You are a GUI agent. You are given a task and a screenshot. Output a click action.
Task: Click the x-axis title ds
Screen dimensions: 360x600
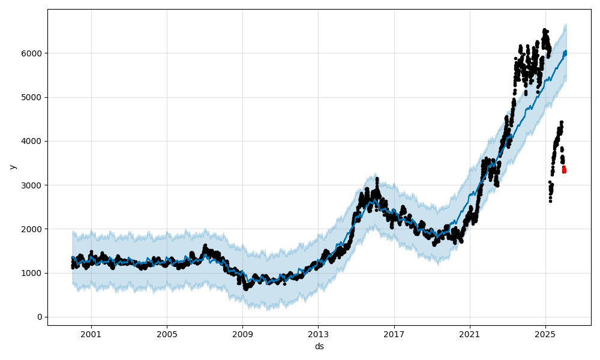point(319,347)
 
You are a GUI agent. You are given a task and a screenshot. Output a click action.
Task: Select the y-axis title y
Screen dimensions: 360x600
point(12,167)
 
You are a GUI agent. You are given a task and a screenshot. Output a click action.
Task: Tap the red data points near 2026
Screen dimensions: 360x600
point(564,170)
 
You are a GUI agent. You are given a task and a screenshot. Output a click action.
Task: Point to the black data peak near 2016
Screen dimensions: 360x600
point(377,179)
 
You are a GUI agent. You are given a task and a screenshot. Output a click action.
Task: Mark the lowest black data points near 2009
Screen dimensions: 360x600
point(245,288)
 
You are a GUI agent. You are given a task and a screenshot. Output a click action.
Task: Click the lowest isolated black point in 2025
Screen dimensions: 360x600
point(550,201)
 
